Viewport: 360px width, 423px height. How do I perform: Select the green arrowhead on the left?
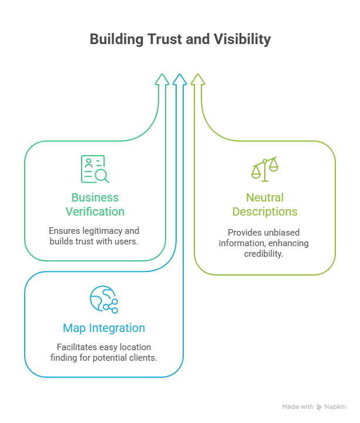(x=162, y=80)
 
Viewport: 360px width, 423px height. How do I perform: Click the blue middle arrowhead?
(x=180, y=80)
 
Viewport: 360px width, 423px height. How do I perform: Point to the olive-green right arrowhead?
(x=198, y=80)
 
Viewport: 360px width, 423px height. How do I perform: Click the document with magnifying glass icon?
(x=95, y=169)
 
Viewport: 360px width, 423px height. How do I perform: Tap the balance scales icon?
(x=265, y=169)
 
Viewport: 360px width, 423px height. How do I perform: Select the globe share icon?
(x=103, y=300)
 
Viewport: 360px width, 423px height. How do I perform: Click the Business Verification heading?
(x=95, y=204)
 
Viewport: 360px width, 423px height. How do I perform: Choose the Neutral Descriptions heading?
(x=265, y=204)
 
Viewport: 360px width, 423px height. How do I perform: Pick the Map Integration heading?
(x=104, y=328)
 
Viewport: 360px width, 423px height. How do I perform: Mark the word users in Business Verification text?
(x=126, y=242)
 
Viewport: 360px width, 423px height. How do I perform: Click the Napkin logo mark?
(x=319, y=407)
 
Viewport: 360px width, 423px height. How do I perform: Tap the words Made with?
(x=298, y=407)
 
